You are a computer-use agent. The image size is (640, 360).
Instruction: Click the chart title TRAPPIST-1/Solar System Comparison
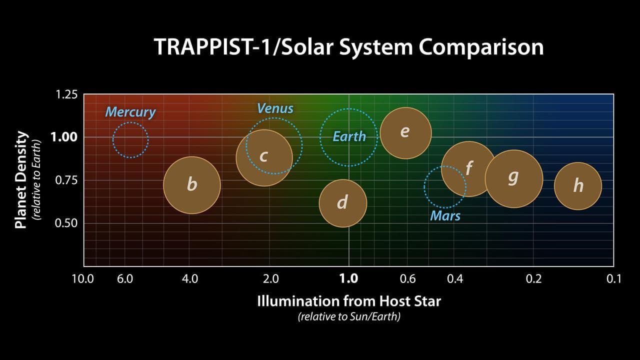click(x=348, y=47)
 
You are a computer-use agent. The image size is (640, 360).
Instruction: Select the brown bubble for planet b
click(x=192, y=185)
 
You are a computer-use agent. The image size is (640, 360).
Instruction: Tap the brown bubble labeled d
click(x=343, y=203)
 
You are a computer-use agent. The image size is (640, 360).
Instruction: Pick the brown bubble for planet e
click(x=405, y=133)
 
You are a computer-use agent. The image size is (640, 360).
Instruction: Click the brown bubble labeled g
click(x=513, y=178)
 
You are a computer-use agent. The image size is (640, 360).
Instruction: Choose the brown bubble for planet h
click(x=578, y=186)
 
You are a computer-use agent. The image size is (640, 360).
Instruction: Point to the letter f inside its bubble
click(x=469, y=167)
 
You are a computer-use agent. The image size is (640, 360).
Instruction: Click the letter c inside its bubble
click(x=263, y=156)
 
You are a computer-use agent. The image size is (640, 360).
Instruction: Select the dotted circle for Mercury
click(x=130, y=140)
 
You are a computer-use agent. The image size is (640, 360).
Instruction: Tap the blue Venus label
click(x=275, y=108)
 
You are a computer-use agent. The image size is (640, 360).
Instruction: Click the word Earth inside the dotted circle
click(x=349, y=136)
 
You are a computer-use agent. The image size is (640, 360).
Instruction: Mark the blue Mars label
click(x=445, y=216)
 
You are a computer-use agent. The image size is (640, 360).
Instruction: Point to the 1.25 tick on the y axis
click(x=66, y=94)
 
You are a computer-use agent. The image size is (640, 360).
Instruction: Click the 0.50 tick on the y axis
click(x=66, y=222)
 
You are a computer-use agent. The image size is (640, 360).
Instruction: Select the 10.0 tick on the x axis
click(x=83, y=278)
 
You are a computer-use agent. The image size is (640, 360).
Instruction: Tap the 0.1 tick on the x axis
click(x=613, y=278)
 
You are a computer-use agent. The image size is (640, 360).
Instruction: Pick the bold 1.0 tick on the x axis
click(x=348, y=278)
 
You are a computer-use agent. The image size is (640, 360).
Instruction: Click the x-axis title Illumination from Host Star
click(x=349, y=301)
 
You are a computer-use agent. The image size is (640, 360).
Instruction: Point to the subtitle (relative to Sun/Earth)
click(x=349, y=316)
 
